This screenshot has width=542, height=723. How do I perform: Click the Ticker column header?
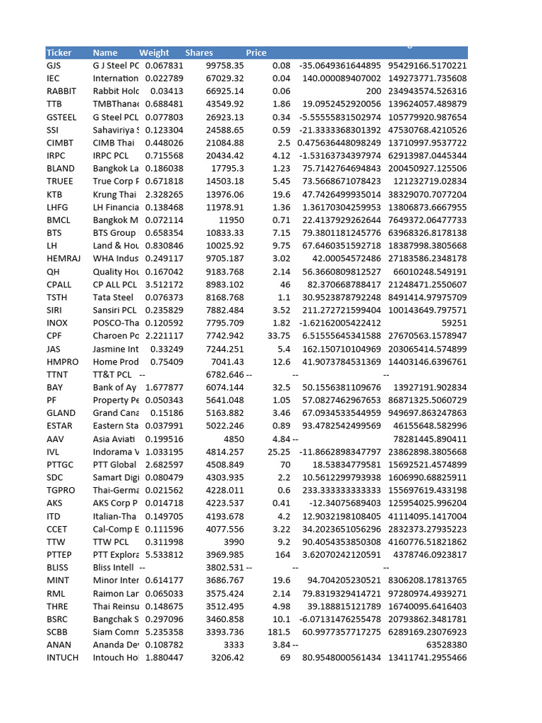59,53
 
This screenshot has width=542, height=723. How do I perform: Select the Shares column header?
199,53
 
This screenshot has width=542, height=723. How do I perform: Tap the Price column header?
256,53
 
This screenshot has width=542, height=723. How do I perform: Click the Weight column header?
154,53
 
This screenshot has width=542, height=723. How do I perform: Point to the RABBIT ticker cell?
61,92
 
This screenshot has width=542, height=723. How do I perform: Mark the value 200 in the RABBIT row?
373,92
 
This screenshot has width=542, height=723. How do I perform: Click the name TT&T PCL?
112,374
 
